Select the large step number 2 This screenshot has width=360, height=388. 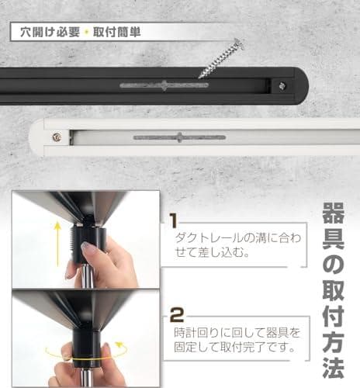pyautogui.click(x=176, y=314)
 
